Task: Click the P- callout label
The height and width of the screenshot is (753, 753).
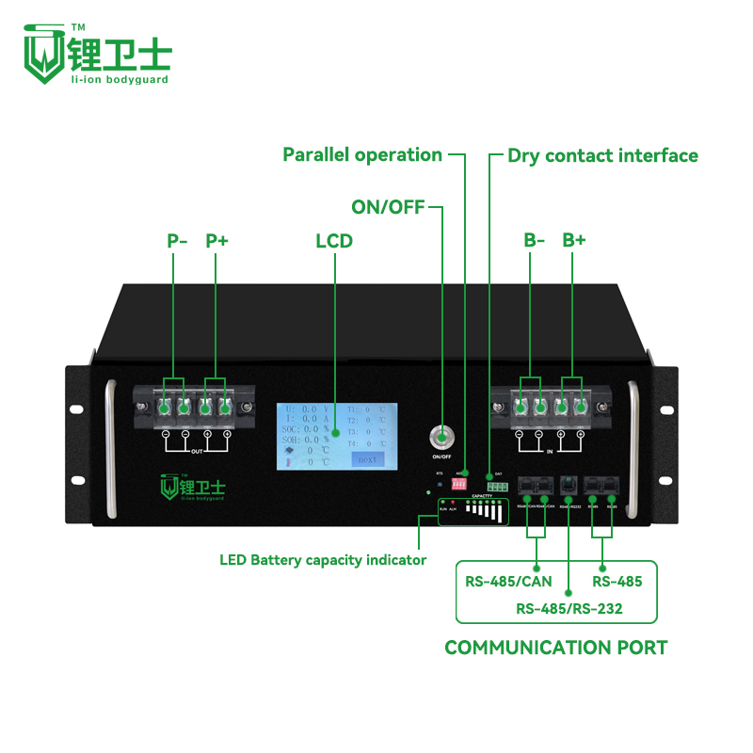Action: (x=178, y=240)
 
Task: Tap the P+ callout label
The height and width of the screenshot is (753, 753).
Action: (x=217, y=240)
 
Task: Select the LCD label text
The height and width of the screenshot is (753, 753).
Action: (x=333, y=241)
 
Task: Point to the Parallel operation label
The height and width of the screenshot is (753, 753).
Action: (x=362, y=154)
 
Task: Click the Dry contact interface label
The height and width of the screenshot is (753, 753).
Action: (x=602, y=155)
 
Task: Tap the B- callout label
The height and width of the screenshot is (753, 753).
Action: (x=535, y=240)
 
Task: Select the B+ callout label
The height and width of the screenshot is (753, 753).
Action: (x=574, y=240)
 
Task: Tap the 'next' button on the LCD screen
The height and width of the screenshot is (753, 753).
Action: (x=368, y=458)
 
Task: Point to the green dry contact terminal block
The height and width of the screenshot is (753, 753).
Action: (x=497, y=487)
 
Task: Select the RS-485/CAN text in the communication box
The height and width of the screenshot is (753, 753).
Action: (x=509, y=581)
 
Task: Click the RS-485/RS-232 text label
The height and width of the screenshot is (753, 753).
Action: (x=569, y=609)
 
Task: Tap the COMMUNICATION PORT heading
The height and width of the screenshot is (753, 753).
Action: (x=555, y=648)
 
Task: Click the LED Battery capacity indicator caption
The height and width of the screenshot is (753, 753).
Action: (x=323, y=560)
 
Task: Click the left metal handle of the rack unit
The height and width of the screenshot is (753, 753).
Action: (x=112, y=447)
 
